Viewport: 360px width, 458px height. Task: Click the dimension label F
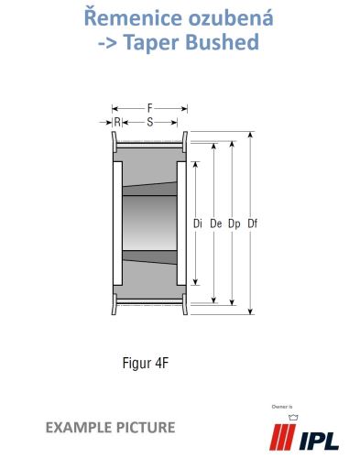point(149,108)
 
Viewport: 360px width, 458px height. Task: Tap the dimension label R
point(117,123)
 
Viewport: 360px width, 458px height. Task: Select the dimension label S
point(149,123)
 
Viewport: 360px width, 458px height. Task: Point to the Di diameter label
point(198,224)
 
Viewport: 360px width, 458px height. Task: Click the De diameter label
point(216,224)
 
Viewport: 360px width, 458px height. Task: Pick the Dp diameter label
point(235,224)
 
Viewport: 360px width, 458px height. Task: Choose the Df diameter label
point(252,224)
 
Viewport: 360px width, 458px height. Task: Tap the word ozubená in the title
point(231,17)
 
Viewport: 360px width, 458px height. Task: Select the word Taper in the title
point(153,42)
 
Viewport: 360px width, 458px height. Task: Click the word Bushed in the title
point(223,41)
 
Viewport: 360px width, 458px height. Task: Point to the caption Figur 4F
point(146,364)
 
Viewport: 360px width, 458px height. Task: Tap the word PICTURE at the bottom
point(146,428)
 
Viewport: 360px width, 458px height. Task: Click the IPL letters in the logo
point(319,441)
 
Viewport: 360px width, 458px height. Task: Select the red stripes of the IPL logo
point(282,437)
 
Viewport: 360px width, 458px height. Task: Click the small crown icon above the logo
point(293,417)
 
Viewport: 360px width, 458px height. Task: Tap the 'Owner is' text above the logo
point(282,407)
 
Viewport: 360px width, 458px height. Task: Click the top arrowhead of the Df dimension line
point(250,135)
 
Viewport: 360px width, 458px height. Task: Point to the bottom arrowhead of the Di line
point(196,282)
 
